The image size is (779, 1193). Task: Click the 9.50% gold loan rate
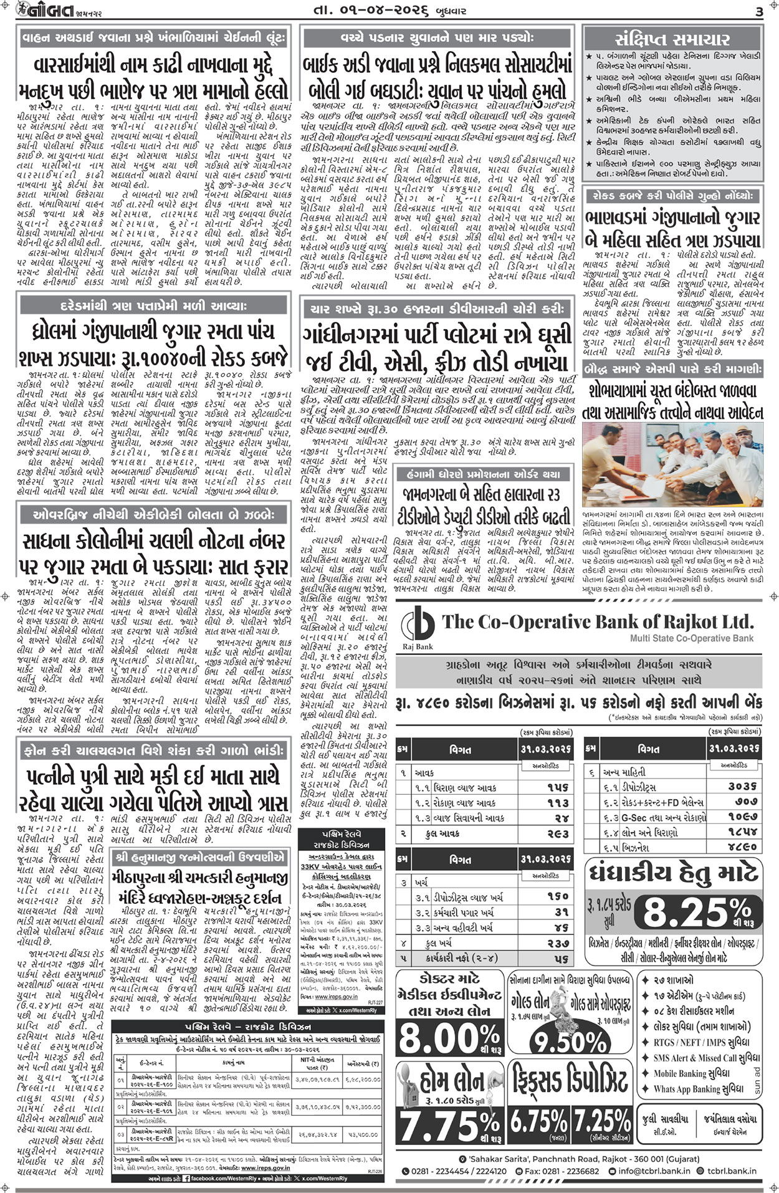click(x=571, y=1042)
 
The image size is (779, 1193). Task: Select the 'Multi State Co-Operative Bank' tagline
click(x=691, y=638)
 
